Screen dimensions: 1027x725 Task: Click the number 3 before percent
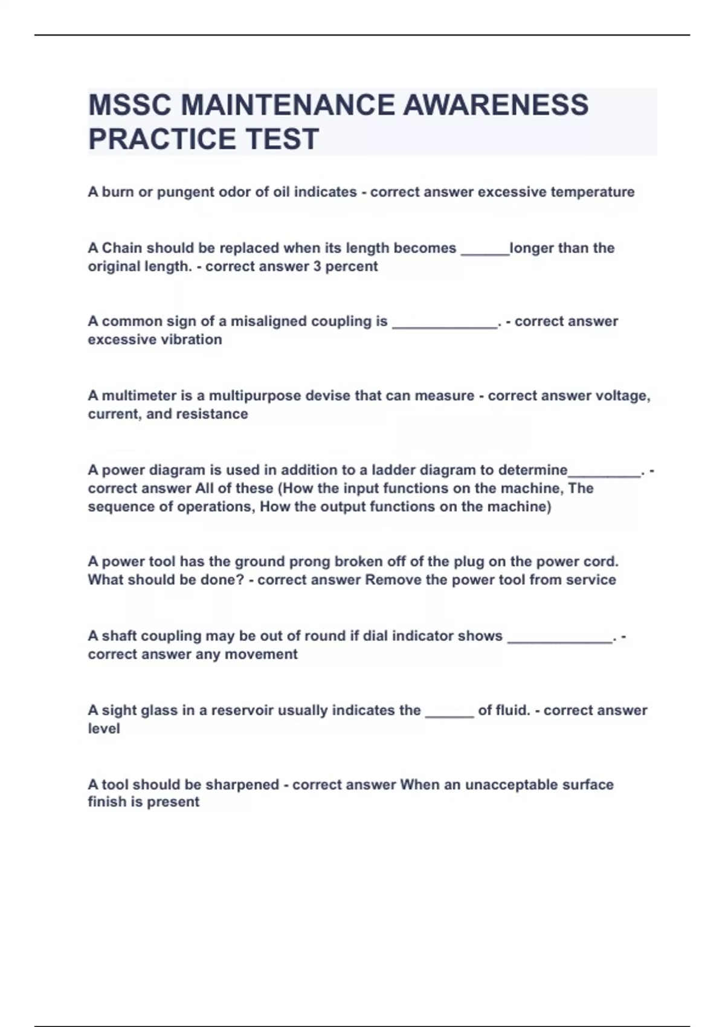(x=317, y=266)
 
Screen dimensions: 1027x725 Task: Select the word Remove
(x=390, y=580)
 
